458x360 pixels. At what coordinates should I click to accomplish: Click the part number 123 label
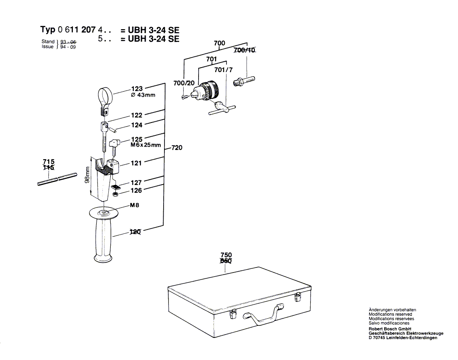(137, 88)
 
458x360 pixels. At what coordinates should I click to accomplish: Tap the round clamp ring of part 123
(106, 94)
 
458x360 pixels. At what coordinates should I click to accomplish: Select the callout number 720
(177, 148)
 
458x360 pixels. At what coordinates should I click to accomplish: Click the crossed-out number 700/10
(244, 50)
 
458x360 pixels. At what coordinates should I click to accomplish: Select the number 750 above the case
(226, 255)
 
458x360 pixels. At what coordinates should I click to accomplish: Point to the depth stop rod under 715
(57, 178)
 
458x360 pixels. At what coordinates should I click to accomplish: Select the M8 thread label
(135, 205)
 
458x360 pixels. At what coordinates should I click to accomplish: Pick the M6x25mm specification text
(145, 145)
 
